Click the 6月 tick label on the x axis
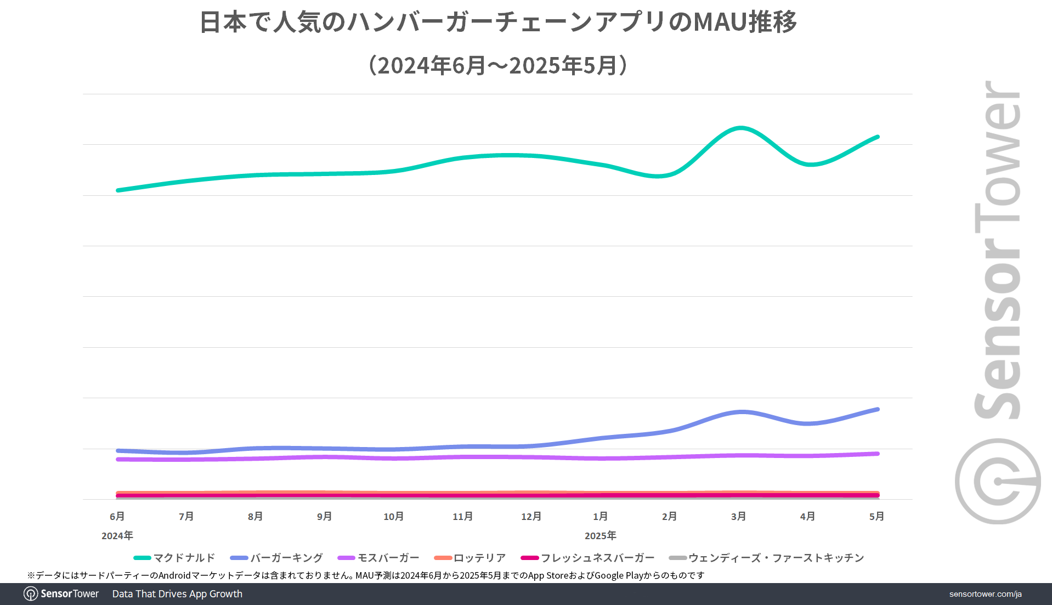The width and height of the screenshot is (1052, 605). tap(117, 516)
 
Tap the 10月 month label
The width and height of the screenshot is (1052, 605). tap(393, 516)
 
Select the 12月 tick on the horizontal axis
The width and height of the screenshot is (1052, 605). tap(531, 516)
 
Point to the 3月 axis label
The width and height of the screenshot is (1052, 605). tap(738, 516)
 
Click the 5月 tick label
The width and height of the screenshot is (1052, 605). tap(876, 516)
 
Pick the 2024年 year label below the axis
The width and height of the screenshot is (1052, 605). tap(117, 535)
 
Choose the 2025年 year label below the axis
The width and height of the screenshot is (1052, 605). tap(600, 535)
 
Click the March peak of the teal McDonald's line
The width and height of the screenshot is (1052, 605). tap(740, 128)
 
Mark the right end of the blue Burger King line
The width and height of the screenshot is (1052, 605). tap(878, 409)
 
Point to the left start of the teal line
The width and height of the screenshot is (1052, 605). tap(118, 190)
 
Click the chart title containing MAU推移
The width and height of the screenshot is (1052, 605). tap(497, 22)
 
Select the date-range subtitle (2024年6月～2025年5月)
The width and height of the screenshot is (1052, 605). tap(497, 65)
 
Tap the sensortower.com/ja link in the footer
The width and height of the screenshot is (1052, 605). tap(985, 594)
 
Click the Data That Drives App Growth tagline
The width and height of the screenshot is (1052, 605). tap(177, 594)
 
